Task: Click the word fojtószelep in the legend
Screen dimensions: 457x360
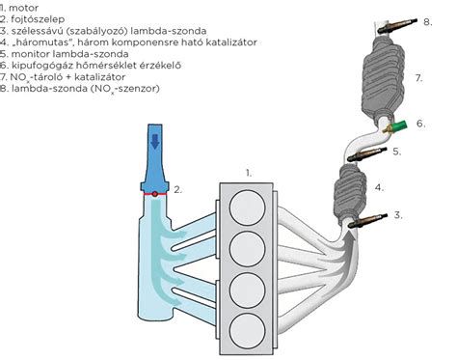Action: (38, 19)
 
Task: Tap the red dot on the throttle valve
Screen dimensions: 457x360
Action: (155, 194)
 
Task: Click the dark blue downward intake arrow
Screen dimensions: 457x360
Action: (155, 141)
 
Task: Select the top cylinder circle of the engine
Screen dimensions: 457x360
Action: (248, 208)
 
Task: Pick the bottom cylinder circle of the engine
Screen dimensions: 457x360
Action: (248, 331)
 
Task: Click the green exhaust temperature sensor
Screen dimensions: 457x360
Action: (396, 126)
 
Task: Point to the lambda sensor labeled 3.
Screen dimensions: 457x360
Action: (367, 221)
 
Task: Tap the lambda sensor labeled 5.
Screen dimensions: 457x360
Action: (366, 154)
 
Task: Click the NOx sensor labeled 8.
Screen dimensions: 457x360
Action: (397, 25)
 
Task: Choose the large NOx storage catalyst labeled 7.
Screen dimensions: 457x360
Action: (383, 77)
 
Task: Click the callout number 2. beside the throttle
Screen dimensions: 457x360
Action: (177, 190)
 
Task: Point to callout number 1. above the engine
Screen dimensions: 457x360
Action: (249, 173)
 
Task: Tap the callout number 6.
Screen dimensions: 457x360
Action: (421, 124)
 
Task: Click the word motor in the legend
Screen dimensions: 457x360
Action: (23, 8)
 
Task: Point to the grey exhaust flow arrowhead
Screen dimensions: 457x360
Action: (350, 236)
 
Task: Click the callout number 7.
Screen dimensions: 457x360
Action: (418, 78)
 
